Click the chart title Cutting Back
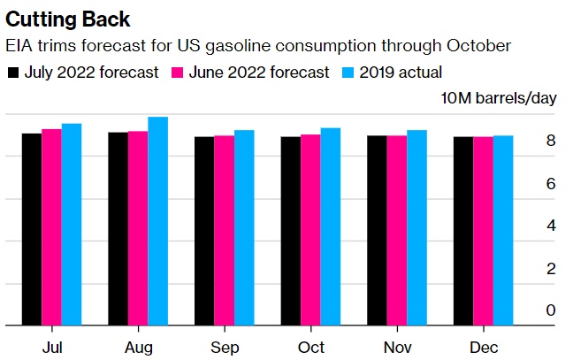(68, 19)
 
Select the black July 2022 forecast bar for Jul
(32, 229)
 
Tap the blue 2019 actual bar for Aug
(158, 221)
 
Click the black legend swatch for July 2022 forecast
(12, 73)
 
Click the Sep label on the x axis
(224, 347)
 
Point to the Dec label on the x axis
(484, 347)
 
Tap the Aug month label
(138, 347)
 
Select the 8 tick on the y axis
(551, 141)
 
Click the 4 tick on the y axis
(551, 226)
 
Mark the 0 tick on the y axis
(551, 310)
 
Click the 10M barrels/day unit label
(500, 97)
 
